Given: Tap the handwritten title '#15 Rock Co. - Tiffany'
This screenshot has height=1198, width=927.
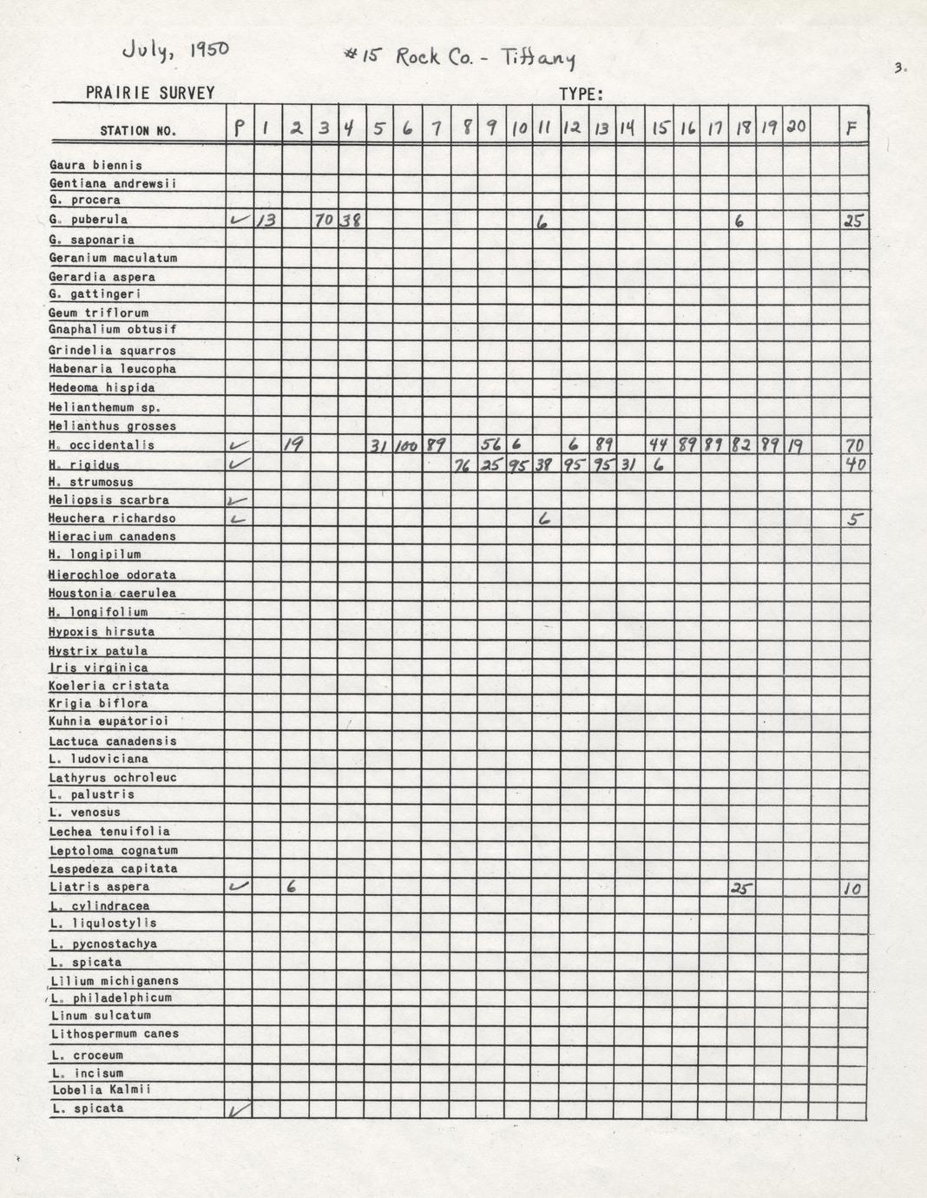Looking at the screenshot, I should pos(459,57).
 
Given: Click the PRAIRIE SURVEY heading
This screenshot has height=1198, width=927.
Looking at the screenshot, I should pos(149,93).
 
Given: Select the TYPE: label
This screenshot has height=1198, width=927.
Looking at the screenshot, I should pos(581,94).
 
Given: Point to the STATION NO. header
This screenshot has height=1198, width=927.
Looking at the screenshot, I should pos(138,131).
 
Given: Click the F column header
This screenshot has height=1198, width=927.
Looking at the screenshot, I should pos(852,128).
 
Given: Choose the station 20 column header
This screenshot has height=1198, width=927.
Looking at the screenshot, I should pos(795,128).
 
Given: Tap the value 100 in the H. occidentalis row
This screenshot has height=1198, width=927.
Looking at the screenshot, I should pos(406,446).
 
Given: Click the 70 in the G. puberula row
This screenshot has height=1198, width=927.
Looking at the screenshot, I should pos(324,221).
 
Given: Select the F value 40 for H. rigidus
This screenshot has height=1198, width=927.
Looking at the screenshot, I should pos(854,464).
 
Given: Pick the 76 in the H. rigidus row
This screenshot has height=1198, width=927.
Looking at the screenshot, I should pos(463,465).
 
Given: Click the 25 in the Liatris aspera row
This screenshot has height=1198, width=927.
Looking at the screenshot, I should pos(740,888).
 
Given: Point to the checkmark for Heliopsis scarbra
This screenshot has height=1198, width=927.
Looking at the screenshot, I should pos(238,501).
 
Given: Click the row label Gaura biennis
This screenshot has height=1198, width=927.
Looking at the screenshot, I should pos(95,165).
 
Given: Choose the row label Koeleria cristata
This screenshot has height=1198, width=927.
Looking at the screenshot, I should pos(108,685).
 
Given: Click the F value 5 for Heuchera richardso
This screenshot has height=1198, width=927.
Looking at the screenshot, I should pos(854,520).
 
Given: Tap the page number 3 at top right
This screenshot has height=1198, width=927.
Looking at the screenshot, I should pos(900,67).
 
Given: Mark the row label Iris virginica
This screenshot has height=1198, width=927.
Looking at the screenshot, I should pos(98,668).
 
